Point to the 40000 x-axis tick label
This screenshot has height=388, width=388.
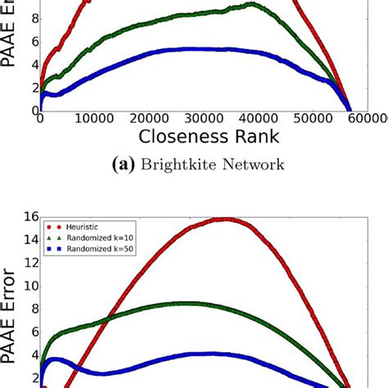tap(277, 119)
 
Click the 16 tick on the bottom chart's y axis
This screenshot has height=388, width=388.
tap(29, 216)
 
